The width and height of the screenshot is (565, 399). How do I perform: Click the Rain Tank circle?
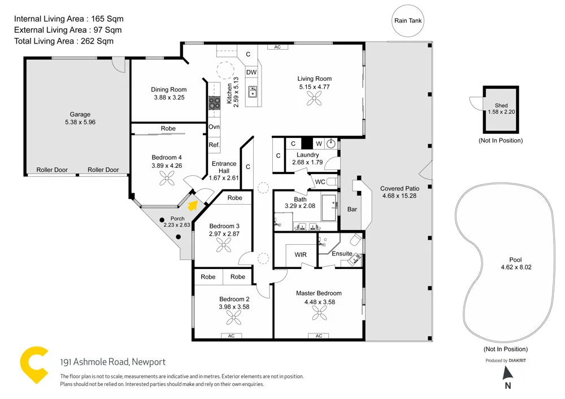pos(408,21)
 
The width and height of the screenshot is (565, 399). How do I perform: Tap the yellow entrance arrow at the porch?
pos(193,205)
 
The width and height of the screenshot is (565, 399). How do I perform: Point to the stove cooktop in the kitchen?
pos(215,103)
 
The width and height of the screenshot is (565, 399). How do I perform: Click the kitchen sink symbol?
pos(252,92)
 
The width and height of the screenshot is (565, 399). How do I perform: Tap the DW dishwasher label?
pos(251,72)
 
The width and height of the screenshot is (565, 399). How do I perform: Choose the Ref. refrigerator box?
pos(214,145)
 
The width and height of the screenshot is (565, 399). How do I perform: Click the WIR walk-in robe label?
pos(301,255)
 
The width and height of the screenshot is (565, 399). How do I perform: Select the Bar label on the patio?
pos(352,209)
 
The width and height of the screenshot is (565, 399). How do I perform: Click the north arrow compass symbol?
pos(507,373)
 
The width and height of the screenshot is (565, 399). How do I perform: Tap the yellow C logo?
pos(34,365)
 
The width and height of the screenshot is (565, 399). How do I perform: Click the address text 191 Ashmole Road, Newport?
pos(113,362)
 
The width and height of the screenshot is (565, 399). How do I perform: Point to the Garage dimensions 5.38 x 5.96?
pos(80,122)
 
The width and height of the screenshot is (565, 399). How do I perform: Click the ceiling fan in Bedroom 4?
pos(167,179)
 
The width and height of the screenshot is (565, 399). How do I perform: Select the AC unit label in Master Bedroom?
pos(319,336)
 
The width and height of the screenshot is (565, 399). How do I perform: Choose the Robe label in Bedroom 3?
pos(234,198)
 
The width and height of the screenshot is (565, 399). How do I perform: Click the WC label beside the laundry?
pos(320,182)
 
